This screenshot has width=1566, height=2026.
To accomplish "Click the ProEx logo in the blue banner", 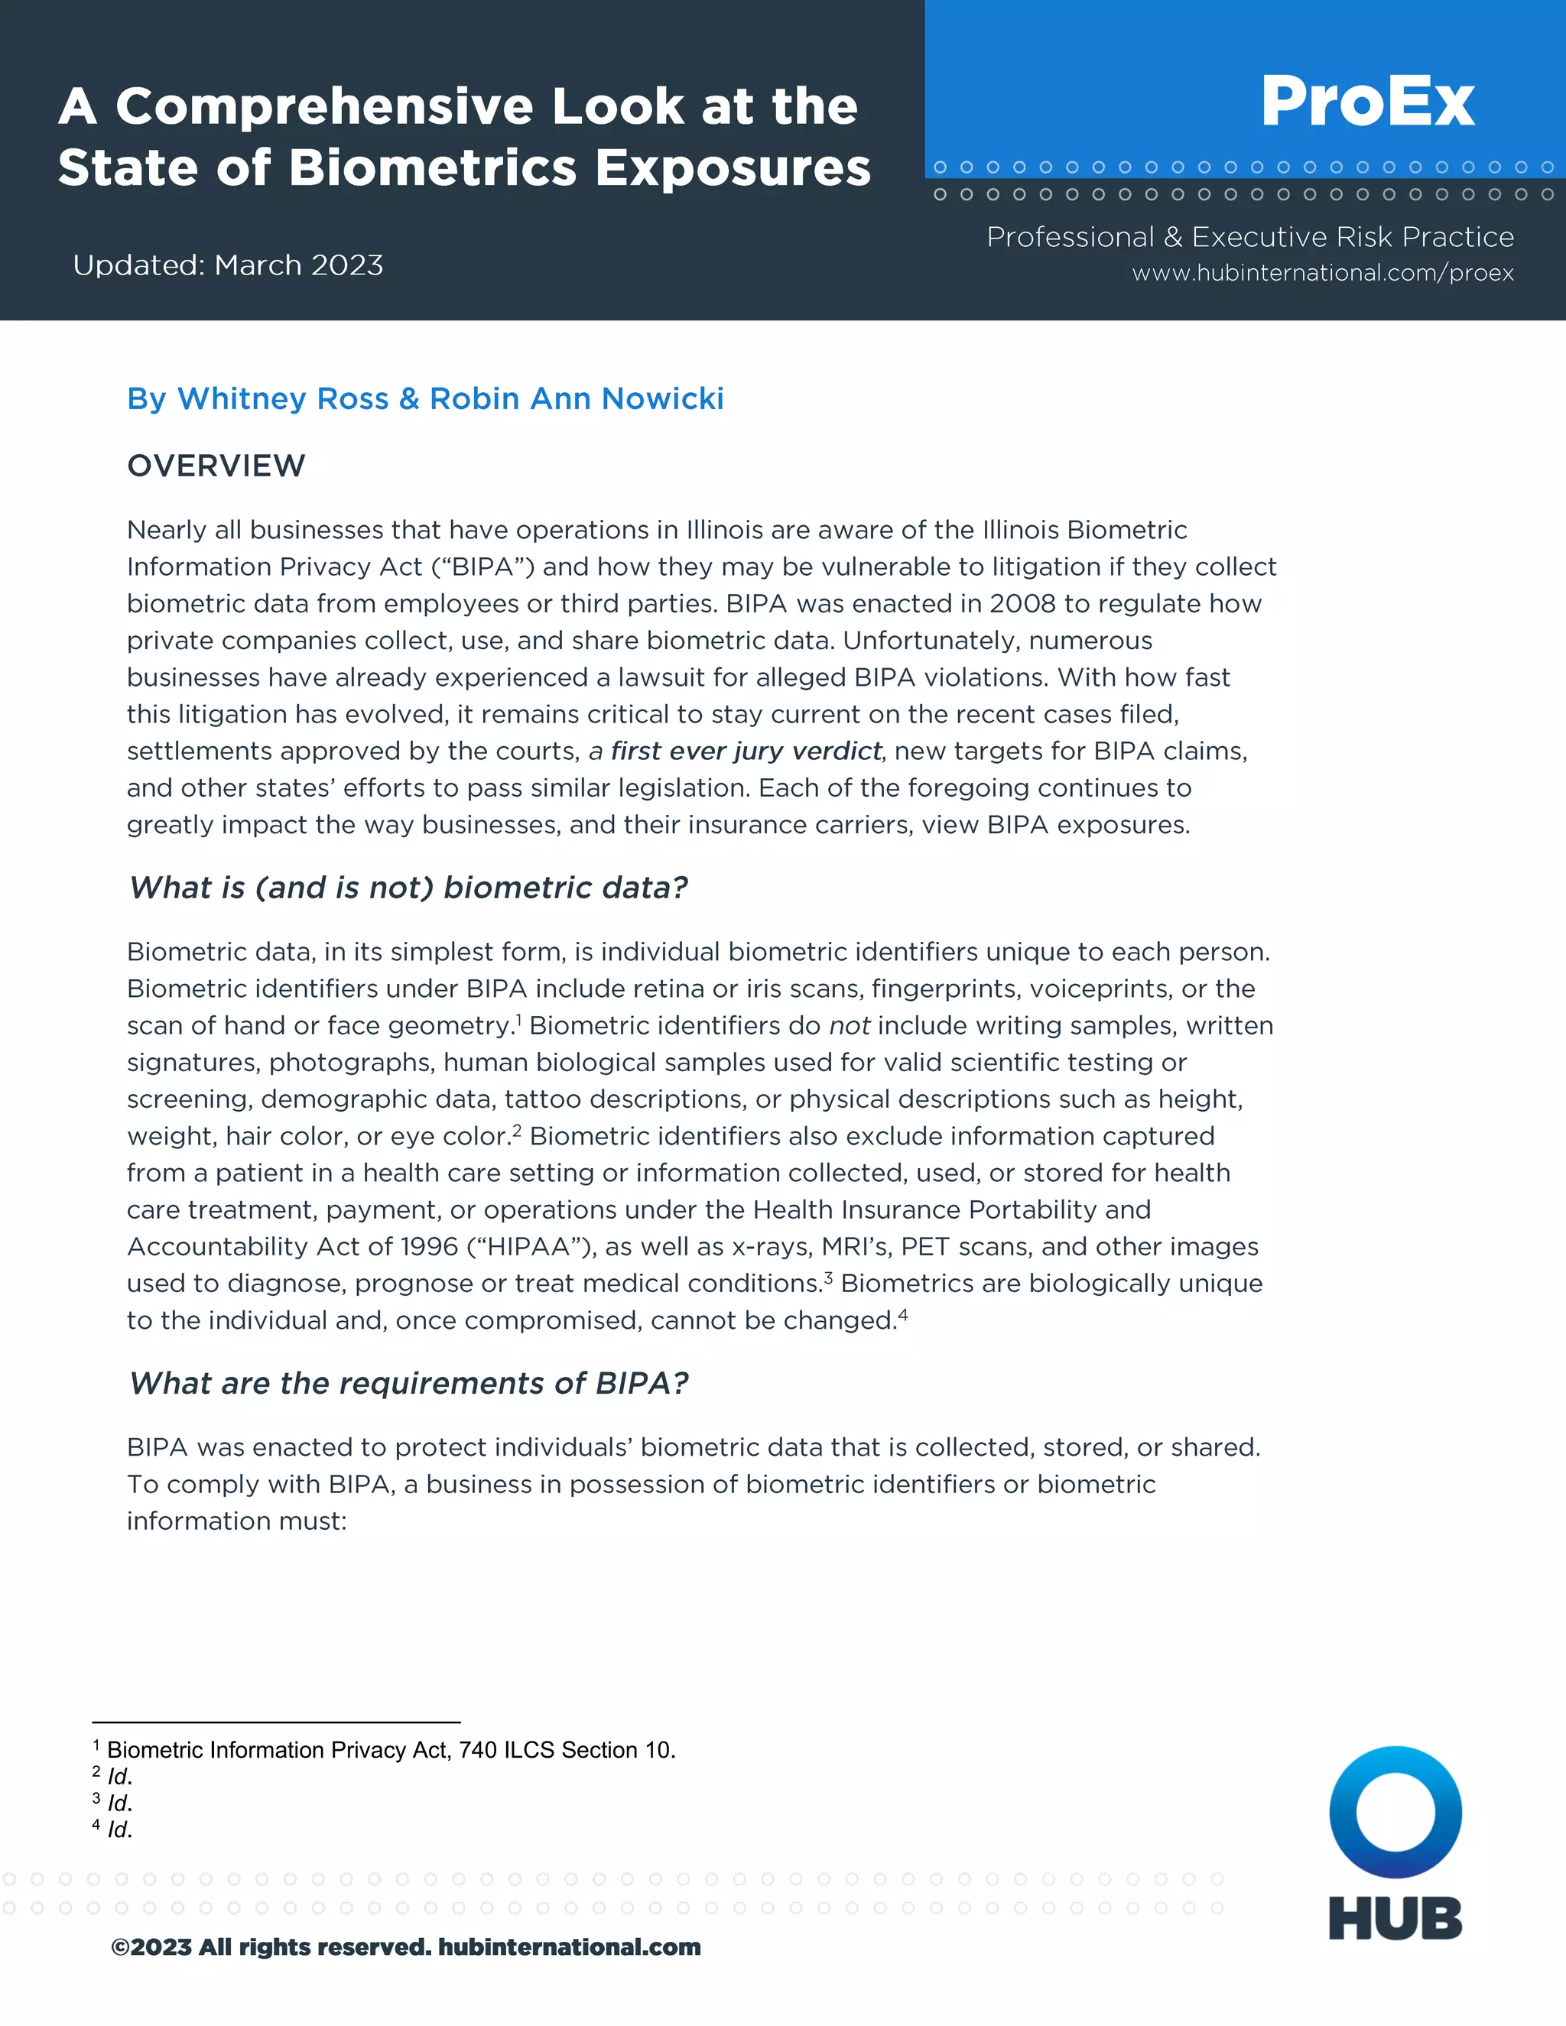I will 1366,101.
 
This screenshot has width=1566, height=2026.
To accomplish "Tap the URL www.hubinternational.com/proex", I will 1322,273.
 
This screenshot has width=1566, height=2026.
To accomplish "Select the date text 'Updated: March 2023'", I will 227,265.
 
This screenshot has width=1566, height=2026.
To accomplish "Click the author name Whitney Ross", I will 283,398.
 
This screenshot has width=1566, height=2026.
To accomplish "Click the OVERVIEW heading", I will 216,466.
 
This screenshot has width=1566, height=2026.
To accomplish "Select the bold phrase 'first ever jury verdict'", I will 746,751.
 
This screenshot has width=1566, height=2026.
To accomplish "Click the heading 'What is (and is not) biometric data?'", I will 408,888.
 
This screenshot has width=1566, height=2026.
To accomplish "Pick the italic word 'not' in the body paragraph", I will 849,1026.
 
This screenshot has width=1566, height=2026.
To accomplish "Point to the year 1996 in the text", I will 430,1247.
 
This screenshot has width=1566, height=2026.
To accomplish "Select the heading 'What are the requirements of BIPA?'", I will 408,1383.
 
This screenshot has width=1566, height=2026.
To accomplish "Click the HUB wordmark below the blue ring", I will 1395,1918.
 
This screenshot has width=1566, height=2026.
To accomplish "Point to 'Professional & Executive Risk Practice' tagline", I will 1249,238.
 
